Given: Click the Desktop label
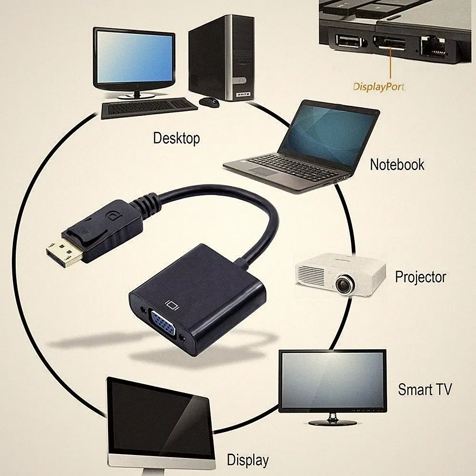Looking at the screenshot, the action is click(177, 138).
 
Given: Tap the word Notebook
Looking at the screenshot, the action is click(397, 165).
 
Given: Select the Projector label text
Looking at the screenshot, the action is click(420, 277).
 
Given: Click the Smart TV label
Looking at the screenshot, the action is click(425, 389).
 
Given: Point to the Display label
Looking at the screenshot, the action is click(248, 460).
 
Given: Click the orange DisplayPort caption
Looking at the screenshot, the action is click(378, 87).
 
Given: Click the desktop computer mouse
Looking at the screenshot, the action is click(209, 102).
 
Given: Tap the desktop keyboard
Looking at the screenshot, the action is click(149, 108).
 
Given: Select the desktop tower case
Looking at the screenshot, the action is click(221, 58).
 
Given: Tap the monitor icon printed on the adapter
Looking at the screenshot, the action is click(172, 305).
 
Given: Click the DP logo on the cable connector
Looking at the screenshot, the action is click(114, 217).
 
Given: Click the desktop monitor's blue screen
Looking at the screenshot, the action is click(135, 57).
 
